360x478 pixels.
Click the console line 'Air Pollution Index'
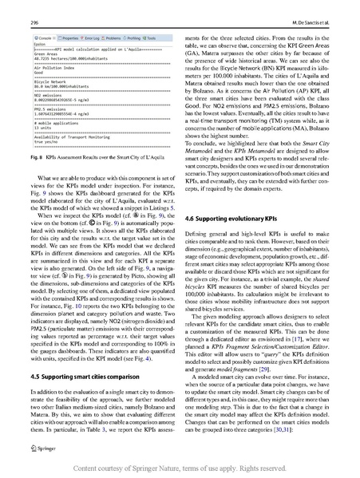(x=32, y=69)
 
